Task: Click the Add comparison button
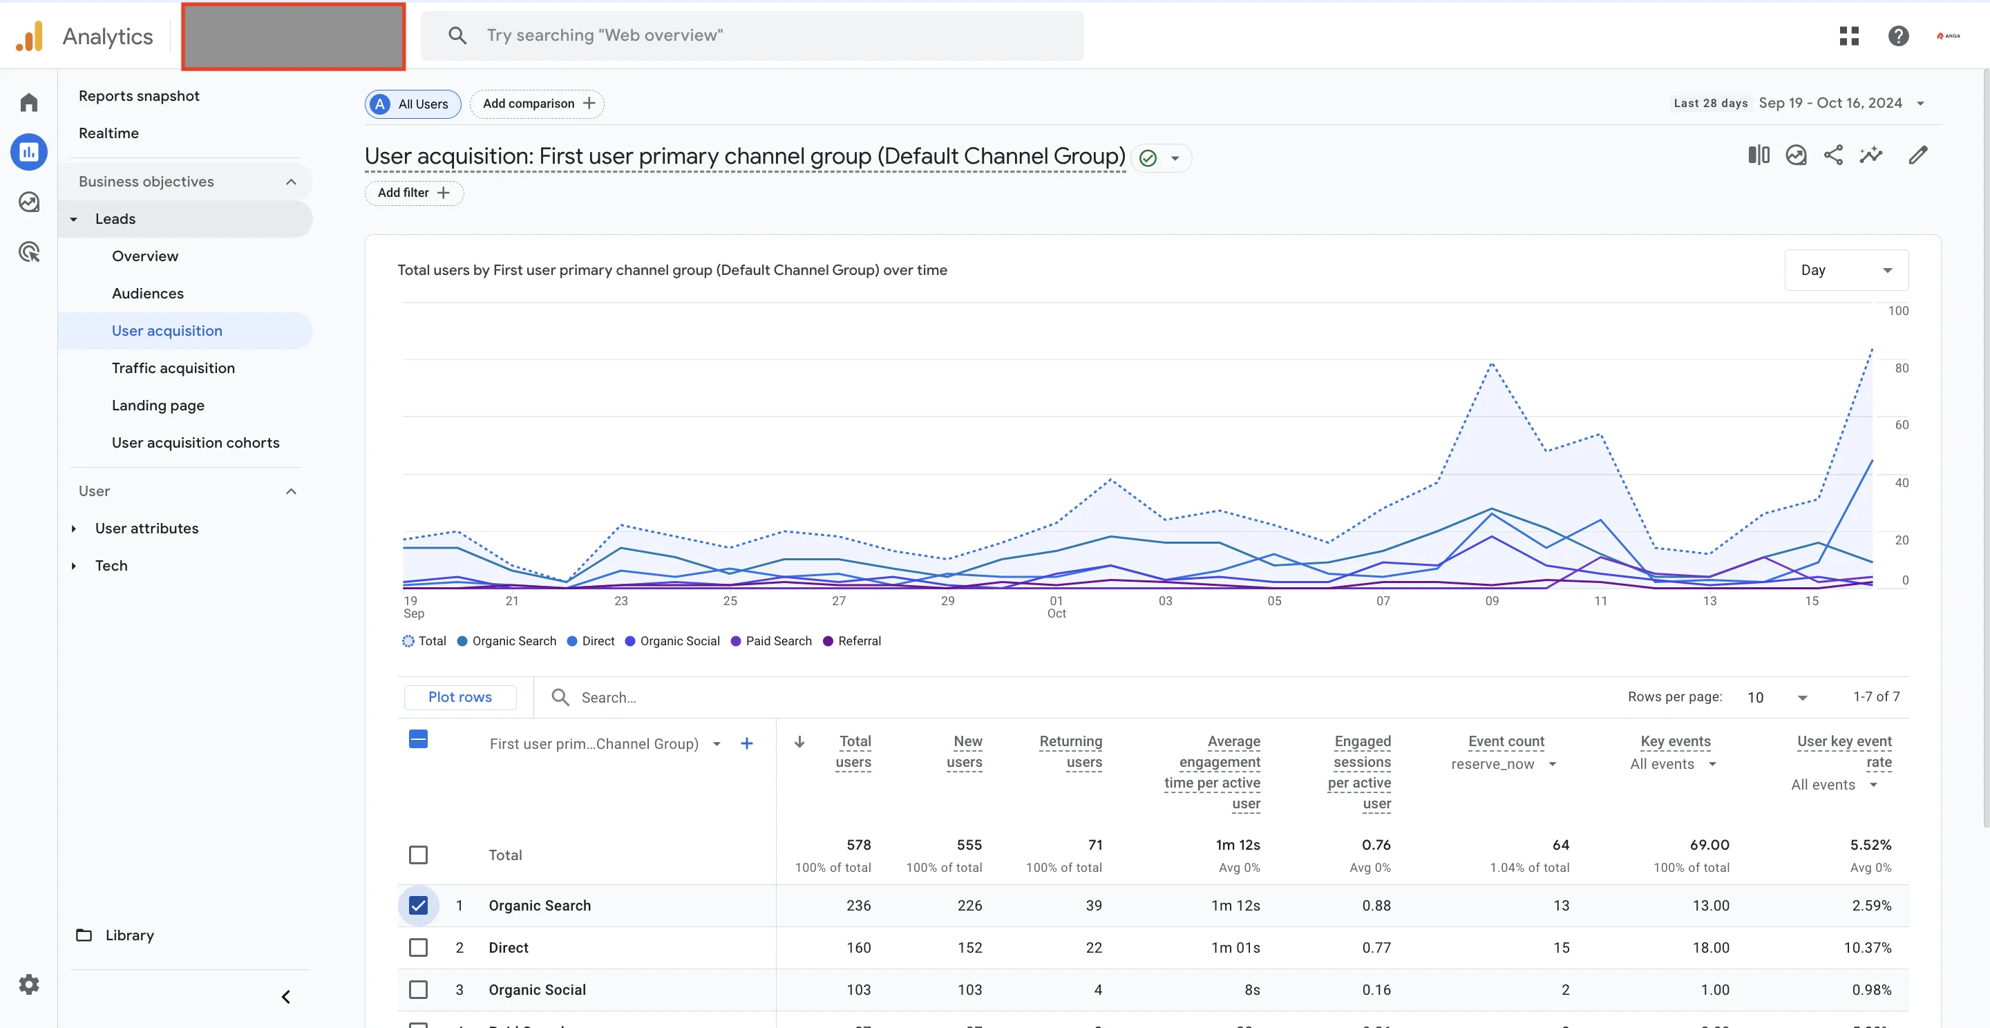click(x=537, y=104)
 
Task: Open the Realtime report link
click(x=108, y=133)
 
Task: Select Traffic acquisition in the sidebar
click(x=173, y=368)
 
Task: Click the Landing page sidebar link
click(x=158, y=406)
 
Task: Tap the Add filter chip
click(x=413, y=193)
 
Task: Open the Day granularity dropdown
click(x=1845, y=270)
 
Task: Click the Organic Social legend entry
click(x=672, y=641)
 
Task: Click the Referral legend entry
click(x=852, y=641)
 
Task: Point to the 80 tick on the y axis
click(x=1901, y=368)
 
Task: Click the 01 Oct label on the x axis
click(x=1056, y=607)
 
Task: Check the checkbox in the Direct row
click(x=418, y=948)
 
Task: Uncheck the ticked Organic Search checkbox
click(x=418, y=905)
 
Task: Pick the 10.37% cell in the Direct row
click(x=1867, y=948)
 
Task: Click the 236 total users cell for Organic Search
click(x=858, y=905)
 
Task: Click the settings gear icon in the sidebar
click(x=28, y=984)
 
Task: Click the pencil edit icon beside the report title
click(x=1918, y=155)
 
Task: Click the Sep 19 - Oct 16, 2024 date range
click(x=1830, y=104)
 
